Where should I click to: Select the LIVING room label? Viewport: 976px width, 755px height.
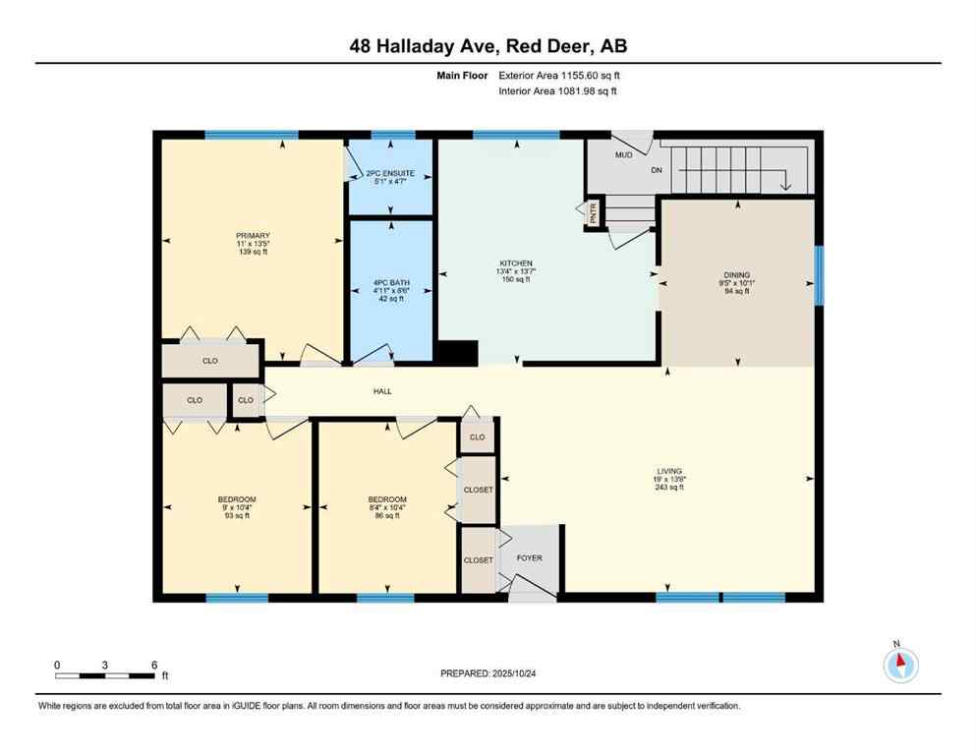tap(670, 471)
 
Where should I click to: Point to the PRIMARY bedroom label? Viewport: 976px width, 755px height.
tap(252, 236)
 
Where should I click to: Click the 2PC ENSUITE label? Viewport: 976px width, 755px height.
tap(390, 174)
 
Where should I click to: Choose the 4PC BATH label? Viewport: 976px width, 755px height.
tap(390, 284)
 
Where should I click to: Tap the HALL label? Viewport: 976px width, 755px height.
tap(382, 391)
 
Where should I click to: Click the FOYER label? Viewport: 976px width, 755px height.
tap(530, 558)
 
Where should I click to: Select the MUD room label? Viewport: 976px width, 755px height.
tap(623, 155)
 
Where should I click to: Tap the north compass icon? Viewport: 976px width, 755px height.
tap(900, 665)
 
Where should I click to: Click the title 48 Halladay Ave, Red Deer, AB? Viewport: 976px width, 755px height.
tap(488, 46)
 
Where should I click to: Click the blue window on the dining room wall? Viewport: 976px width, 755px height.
tap(819, 275)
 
